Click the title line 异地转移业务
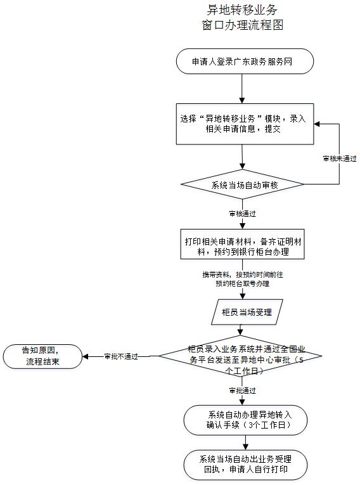[242, 10]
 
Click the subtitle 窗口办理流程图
[243, 25]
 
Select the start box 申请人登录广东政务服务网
[245, 61]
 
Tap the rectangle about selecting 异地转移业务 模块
[245, 124]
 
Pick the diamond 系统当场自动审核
[242, 184]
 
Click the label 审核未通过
[340, 158]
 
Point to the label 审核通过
[242, 214]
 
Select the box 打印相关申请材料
[243, 244]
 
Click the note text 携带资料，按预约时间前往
[243, 275]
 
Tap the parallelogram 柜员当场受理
[247, 312]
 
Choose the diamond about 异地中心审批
[240, 356]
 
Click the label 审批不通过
[121, 356]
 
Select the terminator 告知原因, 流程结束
[42, 356]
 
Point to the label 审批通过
[242, 391]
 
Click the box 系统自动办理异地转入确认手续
[245, 420]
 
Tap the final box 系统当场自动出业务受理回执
[245, 465]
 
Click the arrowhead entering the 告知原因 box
[85, 356]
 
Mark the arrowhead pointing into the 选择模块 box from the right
[317, 124]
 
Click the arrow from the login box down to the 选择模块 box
[242, 89]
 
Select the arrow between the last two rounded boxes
[245, 443]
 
